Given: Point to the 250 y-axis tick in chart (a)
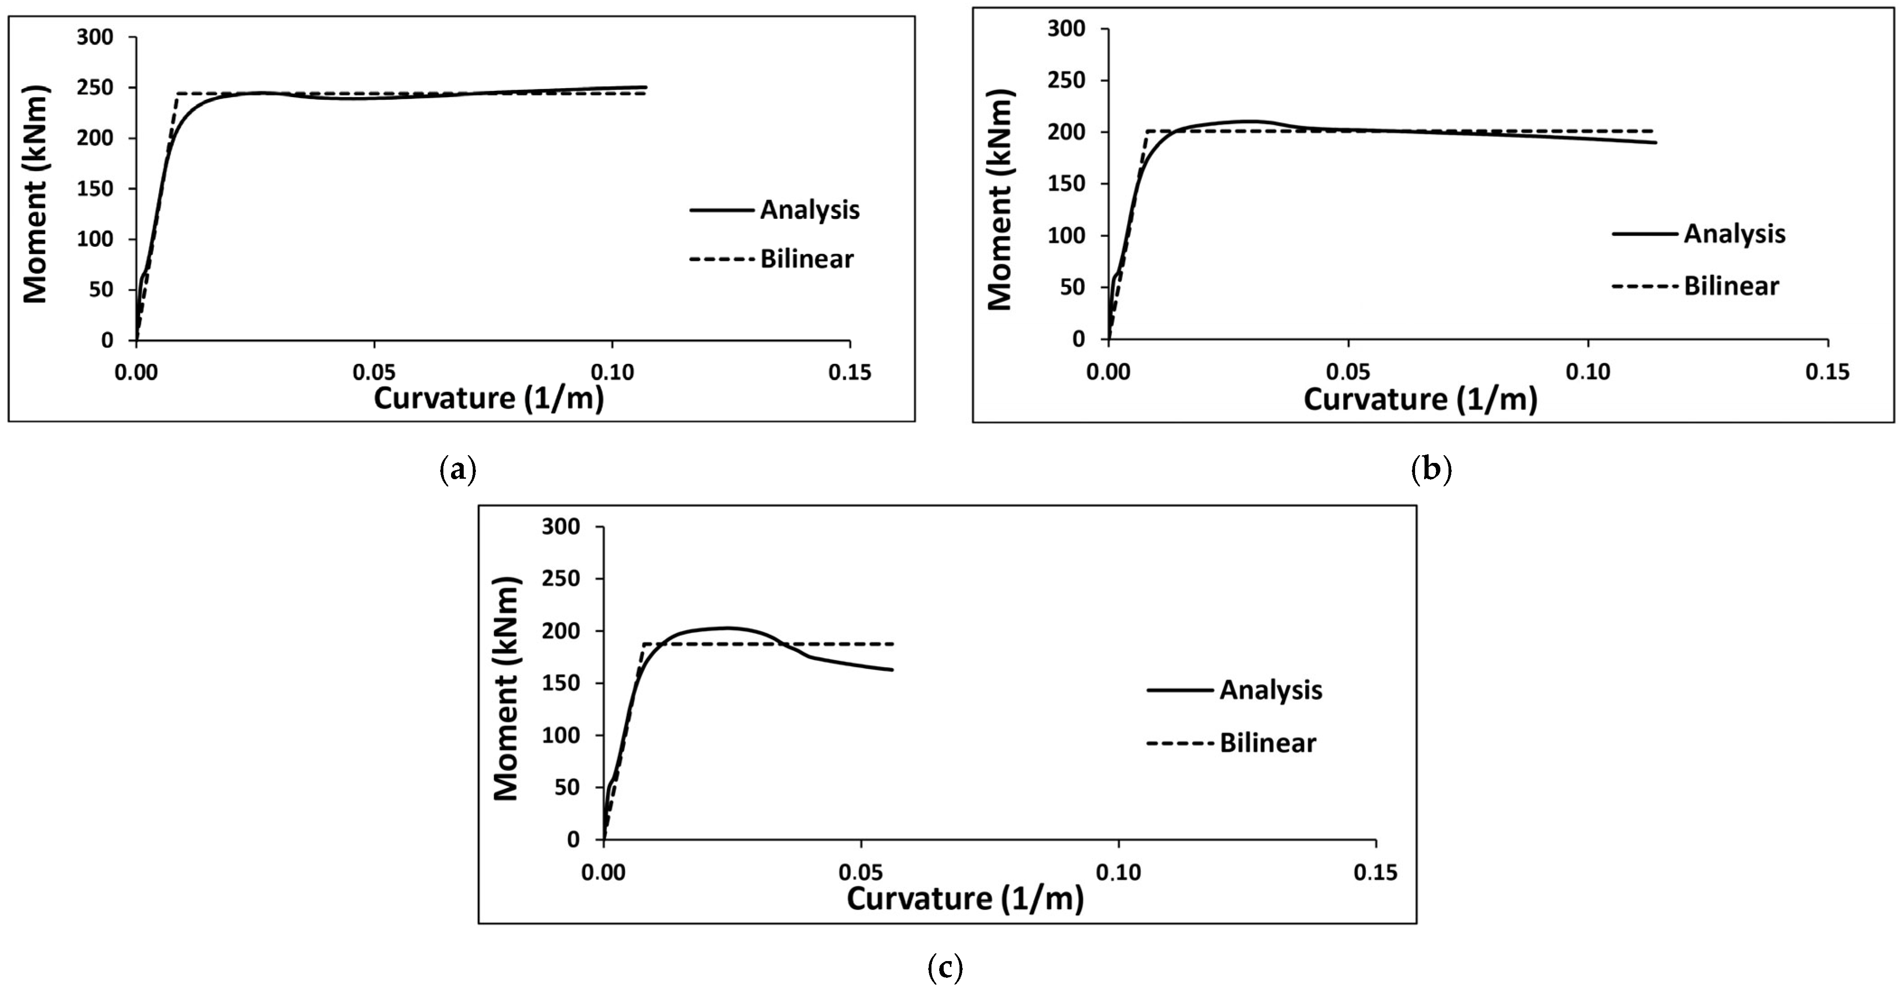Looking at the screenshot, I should [x=95, y=88].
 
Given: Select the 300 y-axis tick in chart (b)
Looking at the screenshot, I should [x=1067, y=29].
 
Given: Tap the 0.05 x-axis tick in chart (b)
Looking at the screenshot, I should [x=1348, y=372].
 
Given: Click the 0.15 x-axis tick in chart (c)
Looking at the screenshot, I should [x=1376, y=873].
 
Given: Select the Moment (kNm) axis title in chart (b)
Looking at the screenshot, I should [x=999, y=201].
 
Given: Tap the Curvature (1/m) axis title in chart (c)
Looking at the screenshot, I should [x=965, y=899].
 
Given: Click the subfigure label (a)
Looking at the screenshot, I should [x=457, y=469].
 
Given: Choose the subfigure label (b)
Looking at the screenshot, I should [x=1431, y=469].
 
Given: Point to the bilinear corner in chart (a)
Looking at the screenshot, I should [x=177, y=94].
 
